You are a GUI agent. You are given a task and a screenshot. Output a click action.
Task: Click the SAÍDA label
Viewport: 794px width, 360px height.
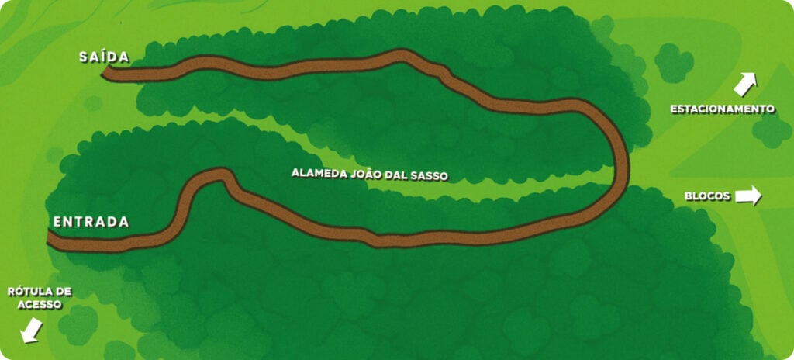click(x=103, y=57)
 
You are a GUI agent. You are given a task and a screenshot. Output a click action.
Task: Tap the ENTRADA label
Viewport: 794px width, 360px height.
click(x=90, y=222)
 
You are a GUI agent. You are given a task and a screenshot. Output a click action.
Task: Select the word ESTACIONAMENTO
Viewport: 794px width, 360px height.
click(x=723, y=109)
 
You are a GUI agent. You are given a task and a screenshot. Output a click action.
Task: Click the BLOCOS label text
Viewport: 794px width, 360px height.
click(x=707, y=196)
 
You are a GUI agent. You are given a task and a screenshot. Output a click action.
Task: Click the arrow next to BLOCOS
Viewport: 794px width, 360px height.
click(x=748, y=196)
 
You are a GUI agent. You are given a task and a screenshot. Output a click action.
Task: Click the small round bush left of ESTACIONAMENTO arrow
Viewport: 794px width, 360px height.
click(x=672, y=62)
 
